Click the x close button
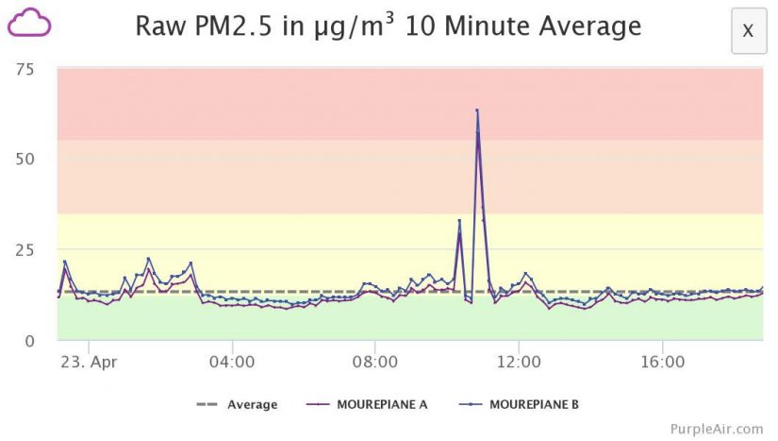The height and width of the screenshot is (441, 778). click(748, 30)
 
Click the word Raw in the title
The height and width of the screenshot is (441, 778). click(159, 25)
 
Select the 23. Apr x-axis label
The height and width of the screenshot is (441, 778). click(86, 362)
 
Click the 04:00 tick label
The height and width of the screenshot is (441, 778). click(232, 362)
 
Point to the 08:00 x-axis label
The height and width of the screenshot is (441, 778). click(375, 362)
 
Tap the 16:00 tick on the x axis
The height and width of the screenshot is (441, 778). click(662, 362)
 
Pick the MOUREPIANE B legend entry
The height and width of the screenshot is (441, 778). click(533, 405)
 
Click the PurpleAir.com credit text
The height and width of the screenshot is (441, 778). click(716, 429)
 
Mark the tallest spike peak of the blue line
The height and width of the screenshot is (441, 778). click(477, 110)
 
